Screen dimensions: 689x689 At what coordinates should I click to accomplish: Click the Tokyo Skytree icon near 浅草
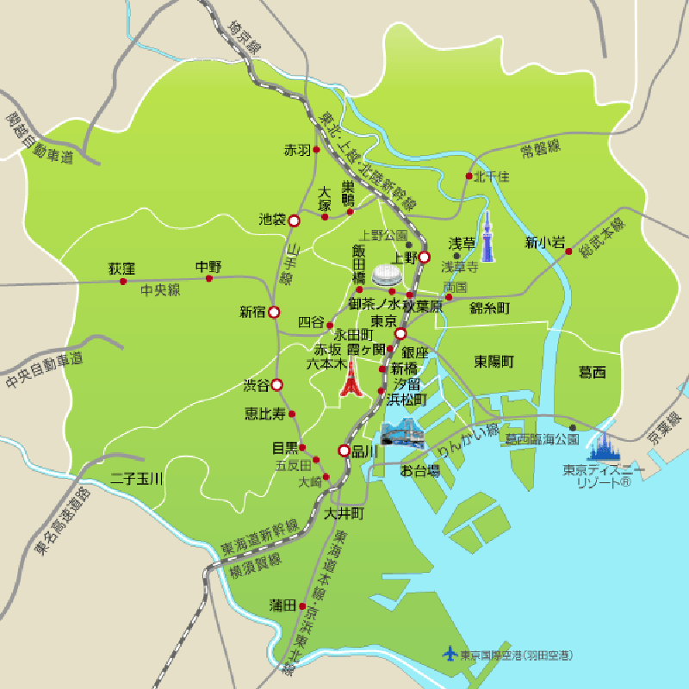(x=488, y=237)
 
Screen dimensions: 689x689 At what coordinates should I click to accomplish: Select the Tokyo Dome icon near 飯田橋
(x=388, y=275)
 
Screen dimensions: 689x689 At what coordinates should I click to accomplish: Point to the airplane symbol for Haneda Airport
(x=449, y=654)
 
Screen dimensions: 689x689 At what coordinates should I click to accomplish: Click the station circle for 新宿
(x=274, y=312)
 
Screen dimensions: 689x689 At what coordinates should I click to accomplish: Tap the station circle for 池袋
(x=294, y=220)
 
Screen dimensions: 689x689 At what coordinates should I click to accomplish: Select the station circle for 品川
(x=344, y=450)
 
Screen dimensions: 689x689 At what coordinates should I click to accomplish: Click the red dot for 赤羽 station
(x=316, y=150)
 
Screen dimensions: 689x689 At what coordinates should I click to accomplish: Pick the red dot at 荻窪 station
(x=123, y=281)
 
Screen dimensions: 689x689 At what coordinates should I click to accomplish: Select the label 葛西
(x=593, y=372)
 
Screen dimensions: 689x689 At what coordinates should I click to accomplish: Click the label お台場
(x=420, y=470)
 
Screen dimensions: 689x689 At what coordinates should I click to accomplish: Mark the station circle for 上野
(x=424, y=257)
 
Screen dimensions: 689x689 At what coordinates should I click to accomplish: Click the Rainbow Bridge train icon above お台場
(x=401, y=432)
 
